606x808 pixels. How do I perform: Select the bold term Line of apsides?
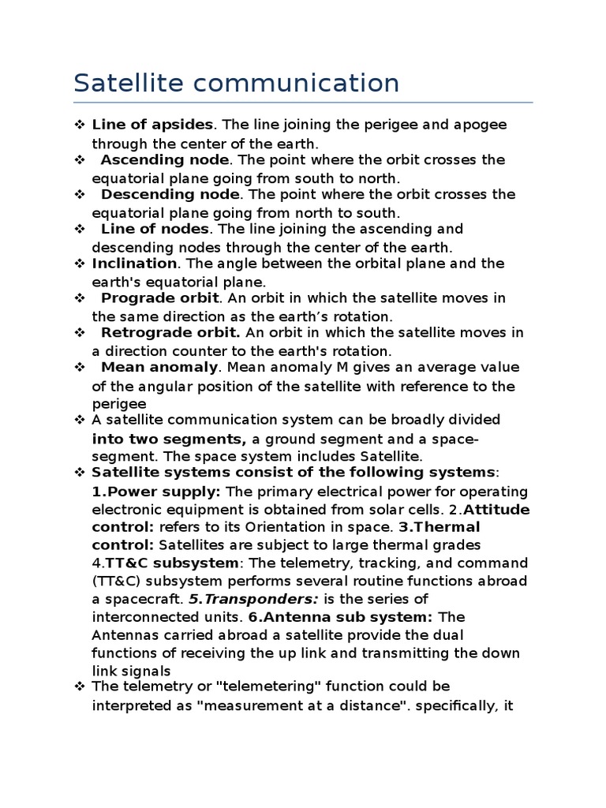point(152,125)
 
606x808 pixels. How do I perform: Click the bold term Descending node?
point(170,194)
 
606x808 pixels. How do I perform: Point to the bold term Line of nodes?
point(155,229)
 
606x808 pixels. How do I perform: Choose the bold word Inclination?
point(134,264)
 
